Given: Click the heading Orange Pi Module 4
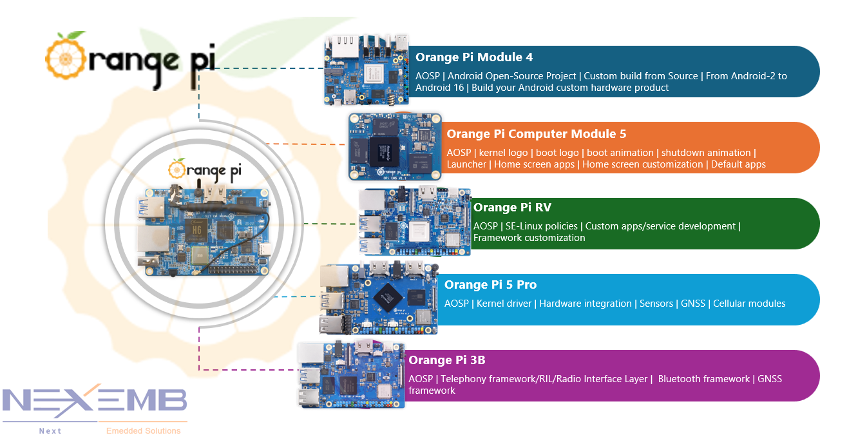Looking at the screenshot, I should point(474,57).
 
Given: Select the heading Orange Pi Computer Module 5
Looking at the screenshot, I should point(536,134).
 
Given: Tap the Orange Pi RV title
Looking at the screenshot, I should point(512,208).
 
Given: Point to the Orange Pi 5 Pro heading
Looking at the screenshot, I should point(490,285).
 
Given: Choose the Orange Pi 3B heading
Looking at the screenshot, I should point(447,360).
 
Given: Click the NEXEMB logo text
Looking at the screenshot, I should point(95,400).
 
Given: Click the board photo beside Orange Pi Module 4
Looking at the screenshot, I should point(367,70).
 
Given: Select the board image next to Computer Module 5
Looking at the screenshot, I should point(395,148).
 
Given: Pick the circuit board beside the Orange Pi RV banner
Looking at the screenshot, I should point(415,221).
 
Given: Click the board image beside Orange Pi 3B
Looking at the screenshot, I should point(352,374).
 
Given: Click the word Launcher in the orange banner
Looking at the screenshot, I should point(466,164).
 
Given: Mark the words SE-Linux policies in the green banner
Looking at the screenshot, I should point(542,226).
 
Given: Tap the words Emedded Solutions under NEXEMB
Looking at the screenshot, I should point(143,430).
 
